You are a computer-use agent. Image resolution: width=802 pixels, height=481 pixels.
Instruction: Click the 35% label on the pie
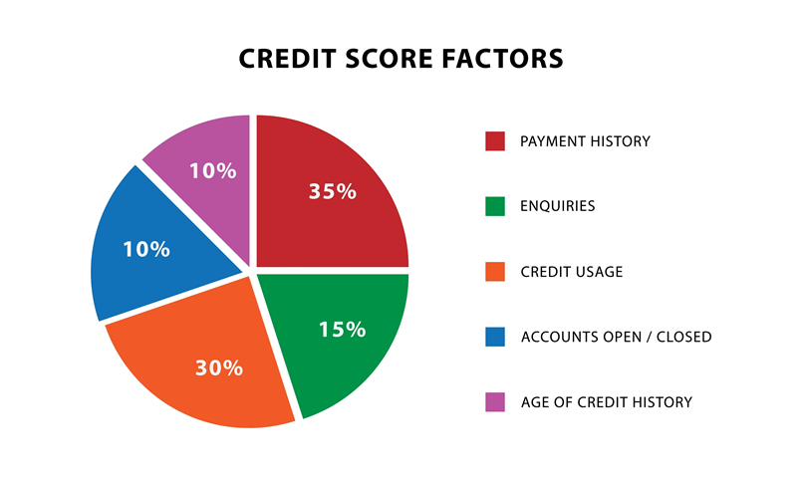332,191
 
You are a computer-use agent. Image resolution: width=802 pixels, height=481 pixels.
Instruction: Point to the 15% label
342,328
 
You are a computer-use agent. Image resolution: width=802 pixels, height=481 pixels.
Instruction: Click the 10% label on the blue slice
146,249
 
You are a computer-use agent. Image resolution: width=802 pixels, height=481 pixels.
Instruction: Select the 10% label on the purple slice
212,170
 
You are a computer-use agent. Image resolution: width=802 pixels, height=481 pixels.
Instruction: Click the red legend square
495,141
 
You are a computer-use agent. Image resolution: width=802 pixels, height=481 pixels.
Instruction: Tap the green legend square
495,206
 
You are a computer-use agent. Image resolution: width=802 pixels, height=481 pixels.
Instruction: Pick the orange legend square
495,271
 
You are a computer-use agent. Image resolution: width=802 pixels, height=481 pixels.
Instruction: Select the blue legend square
495,337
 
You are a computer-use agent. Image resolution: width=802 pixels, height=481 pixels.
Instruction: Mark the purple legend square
495,401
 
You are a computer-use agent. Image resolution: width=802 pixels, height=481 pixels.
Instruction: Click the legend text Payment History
585,141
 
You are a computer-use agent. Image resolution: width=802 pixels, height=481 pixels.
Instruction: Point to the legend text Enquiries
557,206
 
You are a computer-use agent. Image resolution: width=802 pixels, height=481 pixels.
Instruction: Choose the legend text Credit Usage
571,272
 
